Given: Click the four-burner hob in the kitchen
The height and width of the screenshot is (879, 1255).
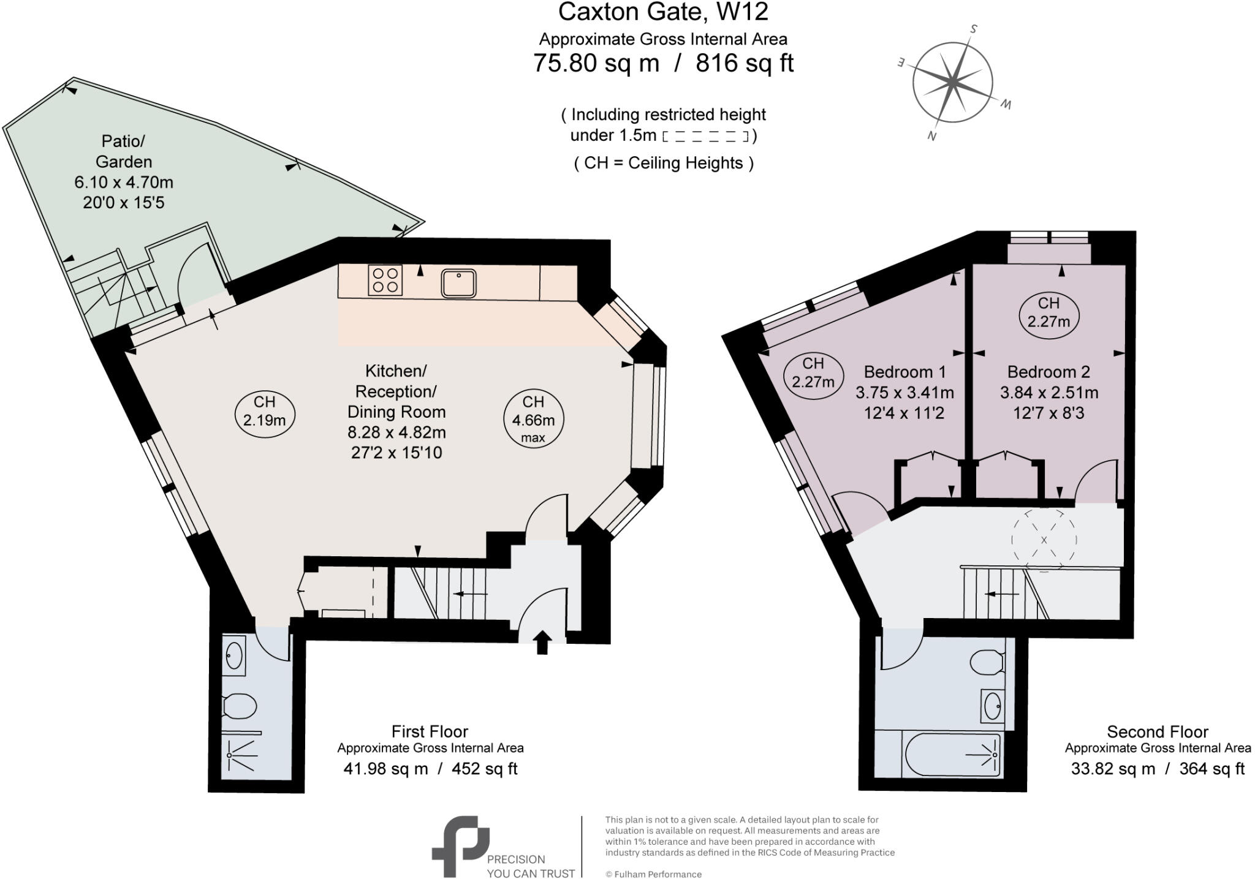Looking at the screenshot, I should tap(385, 281).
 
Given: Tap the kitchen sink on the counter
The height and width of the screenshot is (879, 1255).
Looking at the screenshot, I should tap(458, 283).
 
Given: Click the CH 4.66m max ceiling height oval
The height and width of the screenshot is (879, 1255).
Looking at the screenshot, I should tap(533, 419).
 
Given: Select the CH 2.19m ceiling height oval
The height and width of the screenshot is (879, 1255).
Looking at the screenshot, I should tap(265, 411).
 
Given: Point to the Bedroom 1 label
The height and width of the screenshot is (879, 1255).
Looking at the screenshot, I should tap(904, 372).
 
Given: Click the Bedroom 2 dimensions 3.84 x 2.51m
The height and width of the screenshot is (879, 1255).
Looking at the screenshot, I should tap(1048, 393).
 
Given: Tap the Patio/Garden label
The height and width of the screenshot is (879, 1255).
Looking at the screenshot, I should tap(123, 151).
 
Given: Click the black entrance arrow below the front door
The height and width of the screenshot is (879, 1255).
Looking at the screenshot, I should tap(542, 643).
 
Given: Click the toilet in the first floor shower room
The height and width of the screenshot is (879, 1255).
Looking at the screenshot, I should tap(239, 706).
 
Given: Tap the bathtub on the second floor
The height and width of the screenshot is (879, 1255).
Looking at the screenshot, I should tap(952, 755).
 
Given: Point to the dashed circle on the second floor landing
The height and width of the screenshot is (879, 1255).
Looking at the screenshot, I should tap(1044, 539).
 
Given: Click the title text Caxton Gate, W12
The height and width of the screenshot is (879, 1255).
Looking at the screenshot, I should tap(663, 12).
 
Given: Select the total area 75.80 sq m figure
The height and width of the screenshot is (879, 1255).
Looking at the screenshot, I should tap(596, 63).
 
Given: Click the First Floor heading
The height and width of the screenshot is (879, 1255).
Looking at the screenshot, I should tap(430, 731).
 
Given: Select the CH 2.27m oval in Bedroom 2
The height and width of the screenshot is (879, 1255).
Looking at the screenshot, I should tap(1048, 312).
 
